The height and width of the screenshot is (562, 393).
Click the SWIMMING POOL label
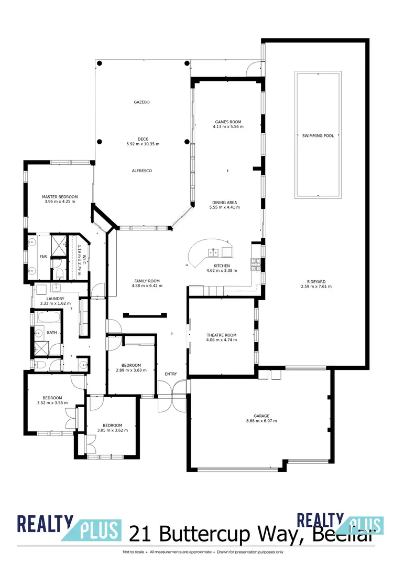point(318,136)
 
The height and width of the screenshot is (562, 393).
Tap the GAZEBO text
point(141,102)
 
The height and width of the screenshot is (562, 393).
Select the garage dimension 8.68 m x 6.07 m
point(261,421)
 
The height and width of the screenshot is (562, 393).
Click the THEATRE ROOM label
point(222,335)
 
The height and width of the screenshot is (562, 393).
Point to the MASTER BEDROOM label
point(60,197)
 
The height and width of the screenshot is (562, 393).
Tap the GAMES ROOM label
point(228,122)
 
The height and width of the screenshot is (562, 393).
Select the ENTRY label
point(171,374)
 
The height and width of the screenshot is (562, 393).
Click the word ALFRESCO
point(141,171)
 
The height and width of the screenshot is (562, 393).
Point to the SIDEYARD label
point(316,281)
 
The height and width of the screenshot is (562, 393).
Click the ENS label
point(43,257)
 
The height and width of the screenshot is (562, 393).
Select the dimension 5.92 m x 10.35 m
point(143,144)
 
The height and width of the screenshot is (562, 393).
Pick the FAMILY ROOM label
point(147,281)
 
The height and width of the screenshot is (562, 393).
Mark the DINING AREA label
point(225,203)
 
